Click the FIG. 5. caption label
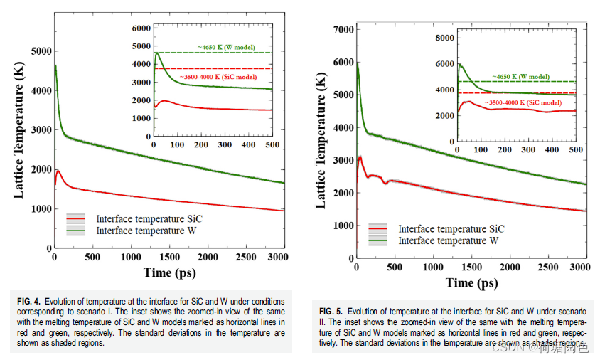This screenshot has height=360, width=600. click(331, 312)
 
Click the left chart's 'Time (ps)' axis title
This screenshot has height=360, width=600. click(168, 272)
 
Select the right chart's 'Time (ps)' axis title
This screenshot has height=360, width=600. click(471, 282)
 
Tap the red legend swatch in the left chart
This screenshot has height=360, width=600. click(76, 218)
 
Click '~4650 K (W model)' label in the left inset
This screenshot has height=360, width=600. click(227, 46)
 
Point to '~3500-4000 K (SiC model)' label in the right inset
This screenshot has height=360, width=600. click(518, 103)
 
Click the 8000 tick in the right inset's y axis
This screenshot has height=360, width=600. click(444, 37)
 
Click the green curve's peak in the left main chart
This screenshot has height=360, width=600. click(55, 66)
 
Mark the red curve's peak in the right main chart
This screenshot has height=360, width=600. click(360, 157)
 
